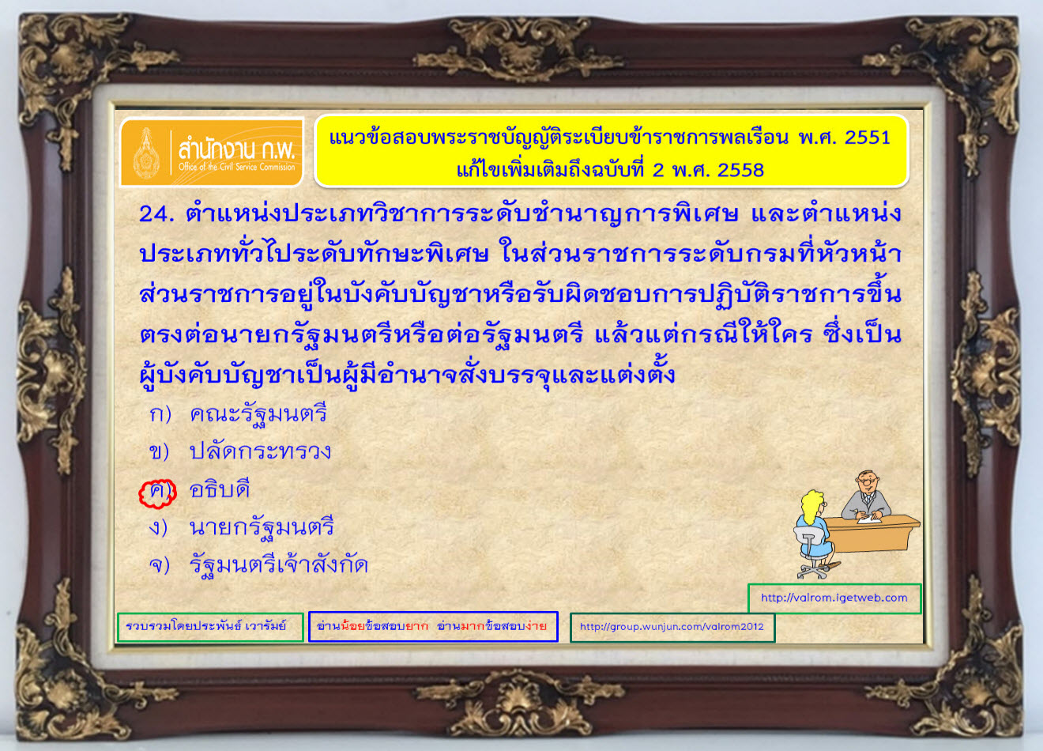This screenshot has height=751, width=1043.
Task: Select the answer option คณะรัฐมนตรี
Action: click(x=258, y=413)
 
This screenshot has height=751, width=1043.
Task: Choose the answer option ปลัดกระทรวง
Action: click(x=260, y=451)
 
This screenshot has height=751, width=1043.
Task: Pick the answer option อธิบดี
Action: click(x=220, y=489)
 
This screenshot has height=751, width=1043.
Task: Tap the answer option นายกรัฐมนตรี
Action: click(x=262, y=527)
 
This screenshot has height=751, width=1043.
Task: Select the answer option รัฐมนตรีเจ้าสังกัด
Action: click(x=278, y=564)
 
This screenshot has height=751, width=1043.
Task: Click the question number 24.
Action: click(x=157, y=214)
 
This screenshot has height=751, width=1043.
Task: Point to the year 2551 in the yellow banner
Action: click(x=867, y=138)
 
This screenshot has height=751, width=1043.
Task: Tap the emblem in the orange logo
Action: click(x=147, y=153)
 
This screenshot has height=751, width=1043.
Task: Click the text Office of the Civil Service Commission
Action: click(x=236, y=167)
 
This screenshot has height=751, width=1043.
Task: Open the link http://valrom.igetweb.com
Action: click(x=834, y=598)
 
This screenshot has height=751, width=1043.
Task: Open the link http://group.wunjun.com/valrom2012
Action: click(x=672, y=627)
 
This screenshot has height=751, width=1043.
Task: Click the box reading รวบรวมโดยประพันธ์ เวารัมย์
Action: click(x=210, y=627)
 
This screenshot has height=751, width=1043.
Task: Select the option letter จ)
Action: click(x=160, y=564)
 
